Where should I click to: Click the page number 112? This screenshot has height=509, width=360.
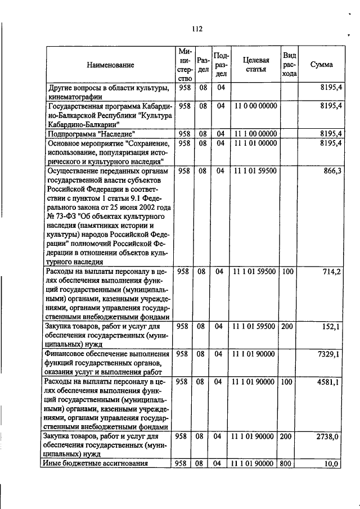point(196,29)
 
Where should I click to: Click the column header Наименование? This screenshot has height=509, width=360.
point(110,65)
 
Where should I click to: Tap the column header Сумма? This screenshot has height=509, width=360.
point(321,65)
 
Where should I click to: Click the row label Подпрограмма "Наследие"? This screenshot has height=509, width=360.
point(92,133)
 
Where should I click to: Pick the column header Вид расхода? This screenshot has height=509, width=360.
point(289,65)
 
